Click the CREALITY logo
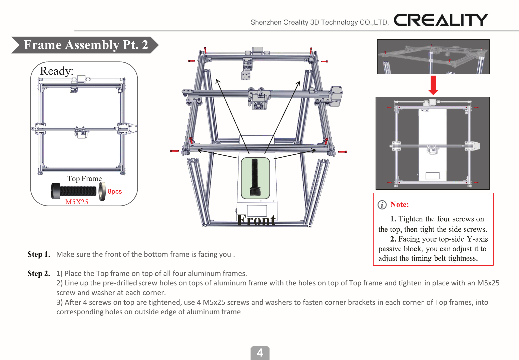[441, 20]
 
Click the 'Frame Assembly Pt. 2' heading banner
[85, 45]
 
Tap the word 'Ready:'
[56, 71]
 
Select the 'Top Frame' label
[84, 179]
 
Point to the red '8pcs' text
[115, 192]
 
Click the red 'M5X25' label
[77, 202]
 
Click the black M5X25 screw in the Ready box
[74, 191]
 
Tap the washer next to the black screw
[102, 191]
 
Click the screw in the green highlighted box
[255, 178]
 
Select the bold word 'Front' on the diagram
[256, 220]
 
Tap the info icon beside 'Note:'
[382, 205]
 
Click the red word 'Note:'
[399, 205]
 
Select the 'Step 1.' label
[39, 254]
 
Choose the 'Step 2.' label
[39, 274]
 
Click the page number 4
[260, 353]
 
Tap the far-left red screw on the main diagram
[174, 151]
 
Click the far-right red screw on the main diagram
[343, 152]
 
